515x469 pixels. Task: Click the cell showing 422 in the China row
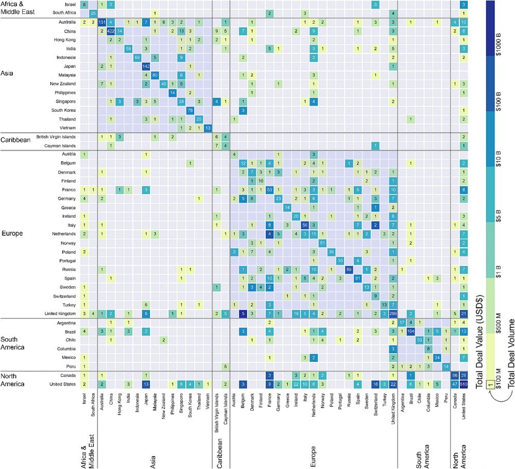pyautogui.click(x=111, y=31)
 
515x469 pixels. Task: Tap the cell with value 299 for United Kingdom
pyautogui.click(x=392, y=312)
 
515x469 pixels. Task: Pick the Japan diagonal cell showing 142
pyautogui.click(x=146, y=66)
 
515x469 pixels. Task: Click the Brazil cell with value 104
pyautogui.click(x=411, y=330)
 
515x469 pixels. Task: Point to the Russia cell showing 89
pyautogui.click(x=349, y=269)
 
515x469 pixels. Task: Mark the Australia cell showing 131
pyautogui.click(x=102, y=22)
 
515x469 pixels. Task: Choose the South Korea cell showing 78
pyautogui.click(x=190, y=110)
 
